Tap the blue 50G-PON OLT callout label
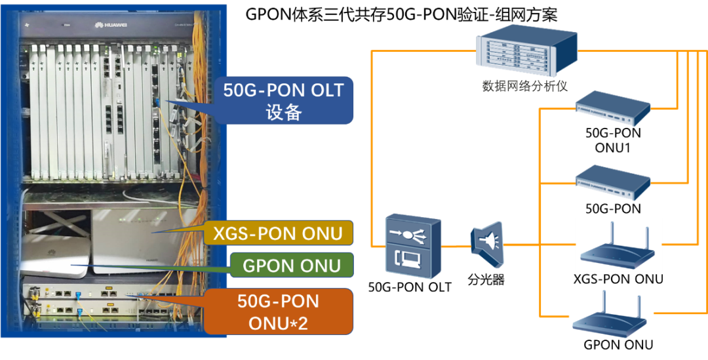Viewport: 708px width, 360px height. (283, 100)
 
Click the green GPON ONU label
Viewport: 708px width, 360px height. (292, 265)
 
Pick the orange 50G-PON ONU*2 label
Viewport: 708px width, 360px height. (278, 311)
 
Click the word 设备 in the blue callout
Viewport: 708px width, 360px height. (283, 112)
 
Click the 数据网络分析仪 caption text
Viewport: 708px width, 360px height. (524, 86)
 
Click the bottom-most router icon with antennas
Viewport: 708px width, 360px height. (610, 315)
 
